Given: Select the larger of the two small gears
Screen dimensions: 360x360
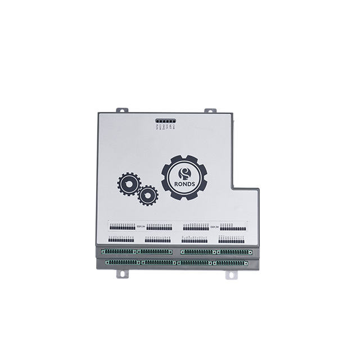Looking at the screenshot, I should [128, 184].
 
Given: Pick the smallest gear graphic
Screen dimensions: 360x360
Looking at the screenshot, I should [148, 195].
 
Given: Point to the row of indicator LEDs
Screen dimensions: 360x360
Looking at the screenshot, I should [166, 121].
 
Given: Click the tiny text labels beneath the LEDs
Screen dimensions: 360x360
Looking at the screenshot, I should [166, 128].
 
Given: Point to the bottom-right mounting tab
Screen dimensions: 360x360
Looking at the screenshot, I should [231, 274].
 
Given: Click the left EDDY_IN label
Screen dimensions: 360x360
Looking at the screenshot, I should [141, 226].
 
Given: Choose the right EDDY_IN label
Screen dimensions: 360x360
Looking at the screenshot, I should [214, 226].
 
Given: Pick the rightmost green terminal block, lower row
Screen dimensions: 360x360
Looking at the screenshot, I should [232, 262].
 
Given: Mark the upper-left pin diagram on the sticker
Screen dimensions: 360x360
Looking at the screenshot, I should [122, 227].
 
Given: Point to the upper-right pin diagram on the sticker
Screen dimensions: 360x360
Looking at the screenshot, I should [232, 227].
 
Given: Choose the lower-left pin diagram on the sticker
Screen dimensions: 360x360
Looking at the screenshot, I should [122, 239].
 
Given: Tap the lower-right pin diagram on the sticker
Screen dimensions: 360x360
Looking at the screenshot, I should [231, 239].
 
